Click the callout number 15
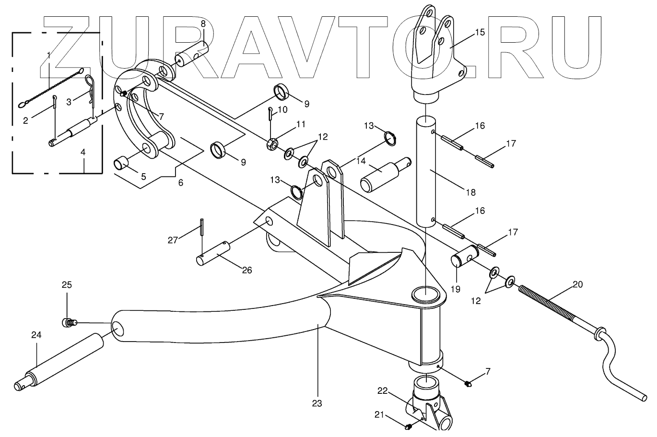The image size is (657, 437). pos(480,33)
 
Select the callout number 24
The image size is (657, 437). pos(36,335)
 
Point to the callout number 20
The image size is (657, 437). pos(577,284)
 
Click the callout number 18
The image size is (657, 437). pos(470,192)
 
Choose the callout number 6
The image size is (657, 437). pos(180,183)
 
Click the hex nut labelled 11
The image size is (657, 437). pos(270,143)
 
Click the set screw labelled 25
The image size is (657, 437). pos(68,322)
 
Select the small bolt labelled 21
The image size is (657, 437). pos(409,425)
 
